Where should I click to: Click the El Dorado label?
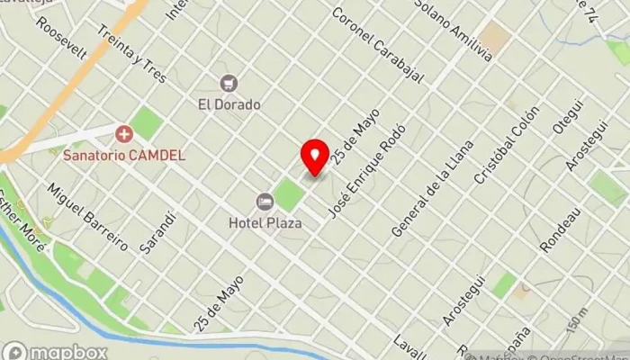pyautogui.click(x=229, y=104)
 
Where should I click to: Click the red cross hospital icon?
pyautogui.click(x=124, y=135)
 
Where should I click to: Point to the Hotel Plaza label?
pyautogui.click(x=265, y=222)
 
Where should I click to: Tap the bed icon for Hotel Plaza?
pyautogui.click(x=265, y=201)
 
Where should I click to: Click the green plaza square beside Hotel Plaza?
pyautogui.click(x=289, y=194)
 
